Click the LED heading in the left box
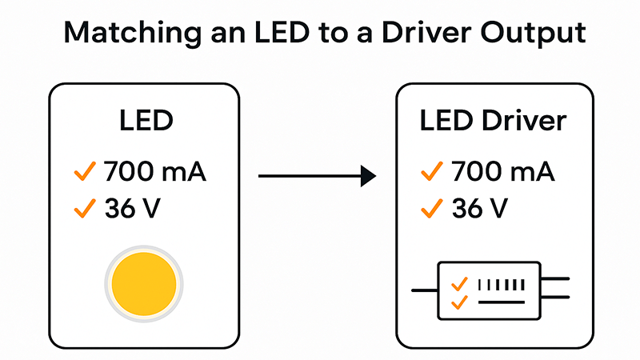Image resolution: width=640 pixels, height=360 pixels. pos(145,123)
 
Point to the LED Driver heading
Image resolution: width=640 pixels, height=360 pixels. pos(493,122)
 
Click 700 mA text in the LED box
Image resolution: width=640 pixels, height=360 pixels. pos(155,171)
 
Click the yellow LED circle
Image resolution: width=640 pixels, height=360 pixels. pos(145,285)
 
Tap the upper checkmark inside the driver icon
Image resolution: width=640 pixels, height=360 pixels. pos(459,284)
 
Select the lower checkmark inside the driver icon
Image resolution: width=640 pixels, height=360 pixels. pos(459,302)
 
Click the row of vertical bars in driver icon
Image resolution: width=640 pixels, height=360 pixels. pos(502,284)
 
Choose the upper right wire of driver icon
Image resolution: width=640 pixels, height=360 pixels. pos(557,279)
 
